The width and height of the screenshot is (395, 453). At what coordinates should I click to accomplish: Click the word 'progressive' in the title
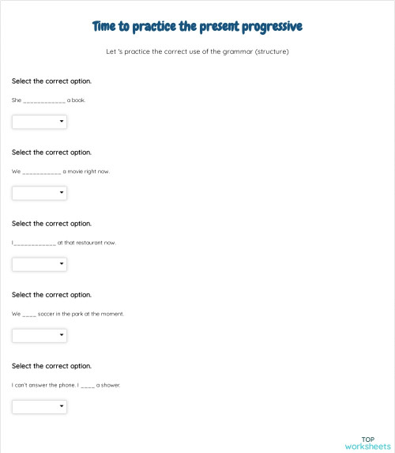[268, 27]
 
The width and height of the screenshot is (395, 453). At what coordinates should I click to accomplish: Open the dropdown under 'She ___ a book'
[39, 122]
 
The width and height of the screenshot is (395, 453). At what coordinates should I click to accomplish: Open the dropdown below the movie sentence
[39, 193]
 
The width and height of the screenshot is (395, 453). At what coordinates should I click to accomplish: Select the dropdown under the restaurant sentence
[39, 264]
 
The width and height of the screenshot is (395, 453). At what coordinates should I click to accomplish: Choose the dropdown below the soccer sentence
[39, 335]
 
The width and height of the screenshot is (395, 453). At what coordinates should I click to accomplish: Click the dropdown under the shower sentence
[39, 406]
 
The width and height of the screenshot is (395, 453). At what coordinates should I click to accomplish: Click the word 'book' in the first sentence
[81, 100]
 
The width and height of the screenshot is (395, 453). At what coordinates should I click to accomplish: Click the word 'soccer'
[48, 314]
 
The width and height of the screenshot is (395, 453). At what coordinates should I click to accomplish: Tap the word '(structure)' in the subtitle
[270, 52]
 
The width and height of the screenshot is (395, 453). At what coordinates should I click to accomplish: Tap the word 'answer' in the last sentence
[41, 385]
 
